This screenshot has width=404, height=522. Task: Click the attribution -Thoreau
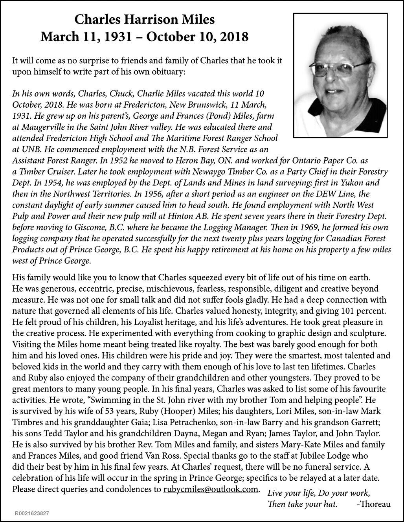coord(373,504)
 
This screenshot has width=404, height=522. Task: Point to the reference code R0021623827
coord(32,513)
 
